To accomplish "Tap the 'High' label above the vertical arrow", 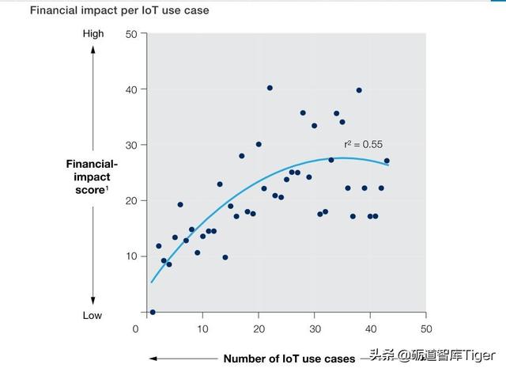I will pos(93,34).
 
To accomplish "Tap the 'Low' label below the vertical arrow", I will pos(93,315).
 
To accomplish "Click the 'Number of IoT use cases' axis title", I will pos(289,359).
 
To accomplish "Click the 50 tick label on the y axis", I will pos(131,34).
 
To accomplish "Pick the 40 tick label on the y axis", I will pos(131,89).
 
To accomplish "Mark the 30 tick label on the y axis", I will pos(131,145).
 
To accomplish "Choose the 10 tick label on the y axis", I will pos(131,256).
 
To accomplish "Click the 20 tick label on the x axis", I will pos(259,328).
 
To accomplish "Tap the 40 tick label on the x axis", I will pos(370,328).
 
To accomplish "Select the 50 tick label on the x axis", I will pos(425,328).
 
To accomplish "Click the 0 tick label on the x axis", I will pos(136,328).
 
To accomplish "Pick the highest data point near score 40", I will pos(270,88).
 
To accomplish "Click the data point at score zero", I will pos(153,312).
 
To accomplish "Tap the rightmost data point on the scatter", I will pos(387,161).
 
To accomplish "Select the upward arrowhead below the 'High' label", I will pos(93,48).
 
